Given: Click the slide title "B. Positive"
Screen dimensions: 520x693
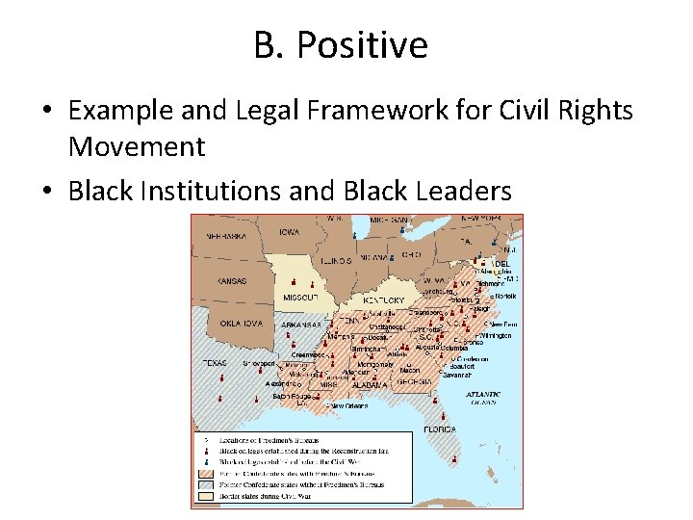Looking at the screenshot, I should (x=342, y=44).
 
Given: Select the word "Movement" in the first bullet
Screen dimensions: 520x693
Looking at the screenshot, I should (x=136, y=147).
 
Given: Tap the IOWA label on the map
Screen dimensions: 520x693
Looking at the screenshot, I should (x=291, y=232).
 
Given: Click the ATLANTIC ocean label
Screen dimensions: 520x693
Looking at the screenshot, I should (x=483, y=394).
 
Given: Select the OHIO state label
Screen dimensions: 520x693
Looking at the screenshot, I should (x=410, y=254).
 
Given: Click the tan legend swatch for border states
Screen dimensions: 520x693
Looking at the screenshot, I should (x=205, y=497).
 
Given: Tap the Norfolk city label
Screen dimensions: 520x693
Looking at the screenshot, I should (x=506, y=296).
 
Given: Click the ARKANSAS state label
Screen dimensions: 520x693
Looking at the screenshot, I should (x=301, y=325).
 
